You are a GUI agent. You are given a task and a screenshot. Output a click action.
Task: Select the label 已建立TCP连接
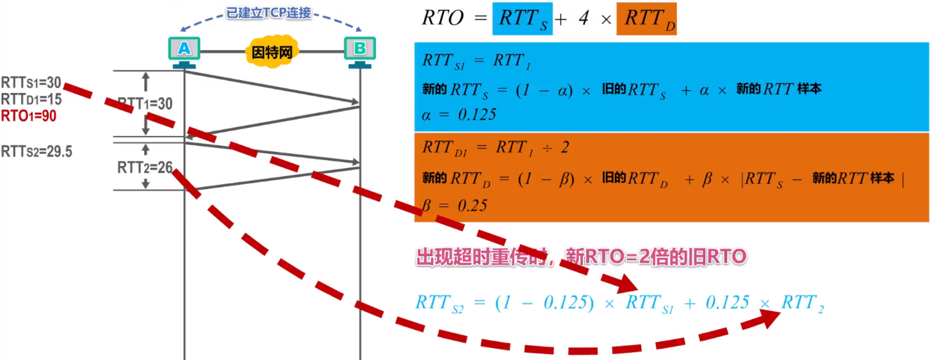click(x=269, y=12)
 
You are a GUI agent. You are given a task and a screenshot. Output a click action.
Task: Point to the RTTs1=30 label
click(x=31, y=83)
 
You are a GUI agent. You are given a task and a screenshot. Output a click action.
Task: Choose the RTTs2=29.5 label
click(x=36, y=152)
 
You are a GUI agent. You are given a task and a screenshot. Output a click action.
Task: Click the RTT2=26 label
click(x=145, y=168)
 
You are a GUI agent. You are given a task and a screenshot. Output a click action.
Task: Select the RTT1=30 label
click(x=145, y=104)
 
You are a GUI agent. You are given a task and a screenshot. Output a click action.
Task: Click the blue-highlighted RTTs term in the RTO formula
click(x=522, y=18)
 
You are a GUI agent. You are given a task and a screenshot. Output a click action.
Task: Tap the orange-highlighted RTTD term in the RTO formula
click(x=646, y=18)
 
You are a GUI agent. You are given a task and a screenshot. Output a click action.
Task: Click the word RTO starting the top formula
click(x=443, y=18)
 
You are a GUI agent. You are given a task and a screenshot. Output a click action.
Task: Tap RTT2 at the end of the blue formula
click(x=802, y=304)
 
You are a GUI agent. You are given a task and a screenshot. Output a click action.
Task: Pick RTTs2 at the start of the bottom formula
click(x=439, y=304)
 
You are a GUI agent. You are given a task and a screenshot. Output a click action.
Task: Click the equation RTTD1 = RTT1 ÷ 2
click(x=496, y=147)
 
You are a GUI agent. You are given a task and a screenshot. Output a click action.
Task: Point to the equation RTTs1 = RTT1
click(x=478, y=62)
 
